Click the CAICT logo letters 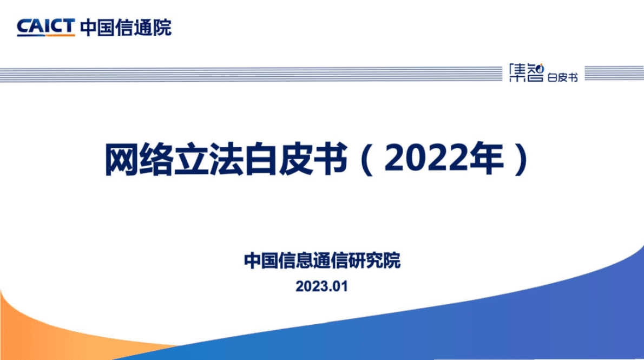45,25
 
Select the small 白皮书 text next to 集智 562,77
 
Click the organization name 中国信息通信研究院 322,260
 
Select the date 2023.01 321,286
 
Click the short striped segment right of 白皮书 614,74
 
